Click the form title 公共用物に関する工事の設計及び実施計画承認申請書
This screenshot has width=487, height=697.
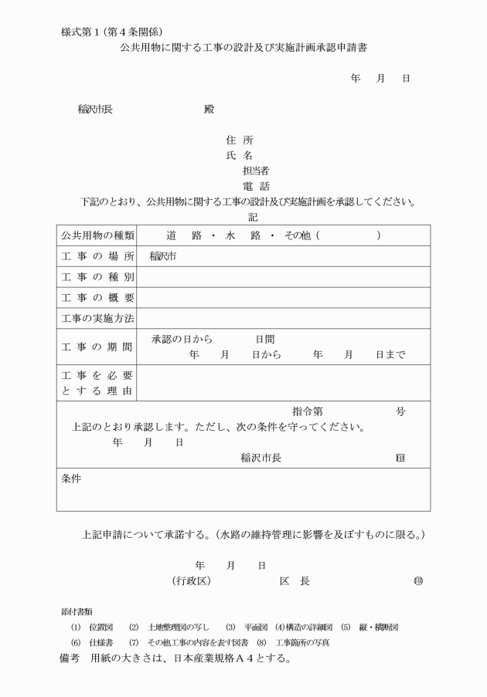pyautogui.click(x=243, y=47)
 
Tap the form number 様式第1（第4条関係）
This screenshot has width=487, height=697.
pyautogui.click(x=111, y=31)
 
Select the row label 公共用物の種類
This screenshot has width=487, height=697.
pyautogui.click(x=97, y=235)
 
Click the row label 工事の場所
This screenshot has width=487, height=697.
pyautogui.click(x=97, y=255)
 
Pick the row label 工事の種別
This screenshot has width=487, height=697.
pyautogui.click(x=97, y=276)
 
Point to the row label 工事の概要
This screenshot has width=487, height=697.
pyautogui.click(x=97, y=297)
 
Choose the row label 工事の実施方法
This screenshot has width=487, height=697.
pyautogui.click(x=97, y=317)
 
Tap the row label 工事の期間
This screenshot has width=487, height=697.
pyautogui.click(x=97, y=346)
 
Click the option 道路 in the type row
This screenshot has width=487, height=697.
pyautogui.click(x=179, y=235)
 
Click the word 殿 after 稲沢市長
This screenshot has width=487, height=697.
pyautogui.click(x=208, y=109)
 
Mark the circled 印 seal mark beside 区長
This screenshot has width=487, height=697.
pyautogui.click(x=418, y=580)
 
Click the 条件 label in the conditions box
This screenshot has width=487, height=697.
pyautogui.click(x=72, y=479)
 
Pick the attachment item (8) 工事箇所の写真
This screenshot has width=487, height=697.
pyautogui.click(x=297, y=642)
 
